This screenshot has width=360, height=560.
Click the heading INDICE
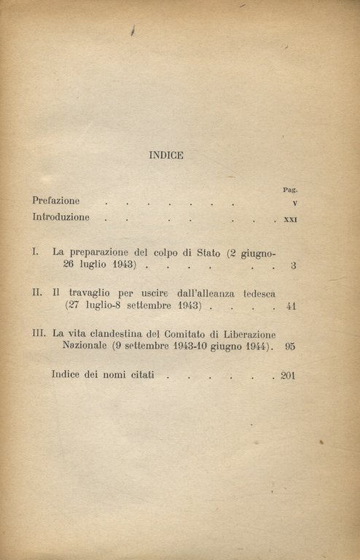pyautogui.click(x=166, y=155)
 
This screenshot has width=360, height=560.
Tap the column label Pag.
pyautogui.click(x=290, y=190)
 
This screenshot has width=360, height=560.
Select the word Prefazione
pyautogui.click(x=56, y=201)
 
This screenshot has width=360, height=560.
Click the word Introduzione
pyautogui.click(x=61, y=217)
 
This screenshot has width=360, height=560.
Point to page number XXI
pyautogui.click(x=289, y=219)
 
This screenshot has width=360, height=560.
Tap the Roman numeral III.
pyautogui.click(x=40, y=333)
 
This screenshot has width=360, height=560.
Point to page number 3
pyautogui.click(x=293, y=266)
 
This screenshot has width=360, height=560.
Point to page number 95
pyautogui.click(x=290, y=348)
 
